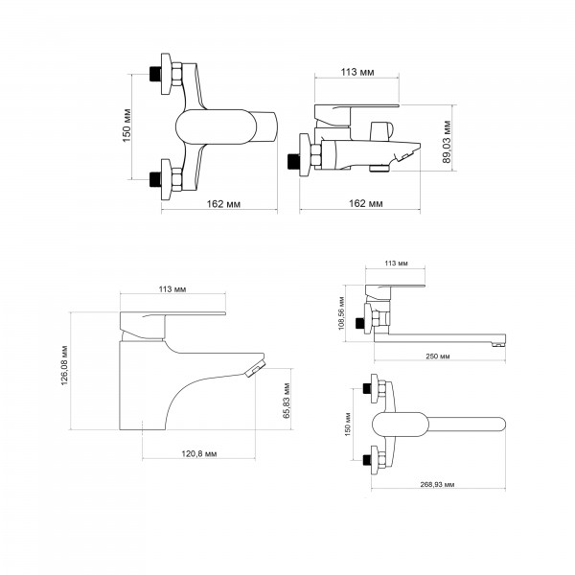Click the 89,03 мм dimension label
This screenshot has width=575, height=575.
447,142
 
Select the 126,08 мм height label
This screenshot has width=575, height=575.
64,365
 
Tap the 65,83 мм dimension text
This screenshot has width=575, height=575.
287,401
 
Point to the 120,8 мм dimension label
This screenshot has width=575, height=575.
199,453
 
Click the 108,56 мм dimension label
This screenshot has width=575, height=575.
342,313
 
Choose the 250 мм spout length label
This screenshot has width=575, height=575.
438,356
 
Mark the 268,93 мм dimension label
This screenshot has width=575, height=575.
437,484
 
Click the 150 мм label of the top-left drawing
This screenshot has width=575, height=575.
126,126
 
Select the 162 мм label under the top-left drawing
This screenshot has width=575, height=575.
223,204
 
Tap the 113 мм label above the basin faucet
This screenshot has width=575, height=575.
172,289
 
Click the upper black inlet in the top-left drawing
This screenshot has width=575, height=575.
155,74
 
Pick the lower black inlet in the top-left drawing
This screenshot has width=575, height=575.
155,179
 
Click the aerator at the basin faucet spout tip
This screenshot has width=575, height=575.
255,368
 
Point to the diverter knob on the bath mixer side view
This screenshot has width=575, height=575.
381,131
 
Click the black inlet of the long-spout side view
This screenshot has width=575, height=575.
359,323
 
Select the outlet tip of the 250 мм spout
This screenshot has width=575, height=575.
498,344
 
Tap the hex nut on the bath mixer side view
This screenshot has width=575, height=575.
316,155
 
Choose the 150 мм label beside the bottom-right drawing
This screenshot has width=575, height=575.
348,425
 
